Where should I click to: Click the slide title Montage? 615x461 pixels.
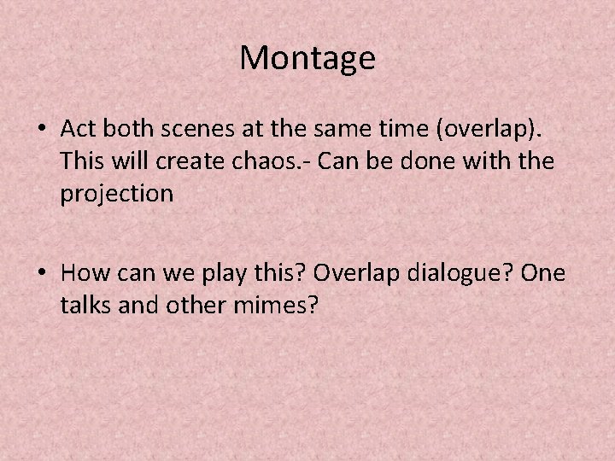click(307, 58)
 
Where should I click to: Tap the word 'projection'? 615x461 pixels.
click(117, 194)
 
